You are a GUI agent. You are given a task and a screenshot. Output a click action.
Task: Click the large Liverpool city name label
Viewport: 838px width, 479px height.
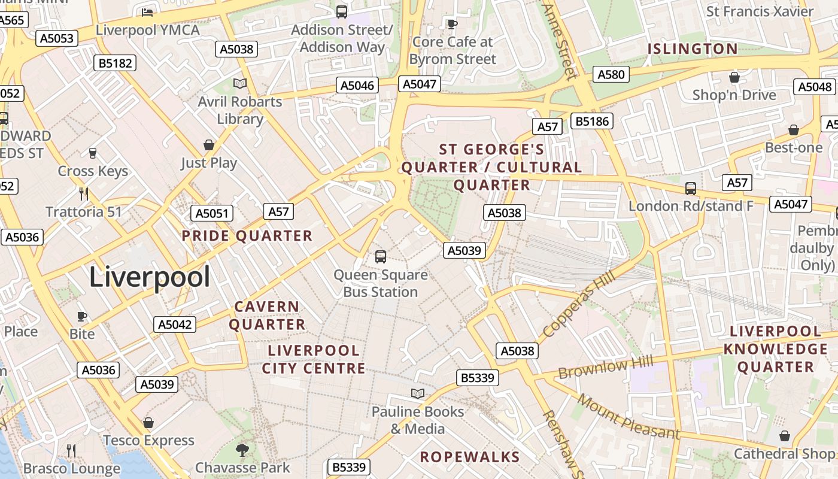point(150,277)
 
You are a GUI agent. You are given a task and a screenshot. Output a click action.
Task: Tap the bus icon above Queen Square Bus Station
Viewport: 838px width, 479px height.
point(380,257)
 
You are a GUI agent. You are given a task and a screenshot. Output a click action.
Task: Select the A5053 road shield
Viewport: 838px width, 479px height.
point(57,39)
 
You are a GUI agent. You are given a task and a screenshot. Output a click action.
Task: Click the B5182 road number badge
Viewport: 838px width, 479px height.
point(115,63)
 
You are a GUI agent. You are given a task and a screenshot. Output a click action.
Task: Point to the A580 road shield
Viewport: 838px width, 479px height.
point(611,75)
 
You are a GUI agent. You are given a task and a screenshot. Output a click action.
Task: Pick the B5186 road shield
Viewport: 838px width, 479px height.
point(592,122)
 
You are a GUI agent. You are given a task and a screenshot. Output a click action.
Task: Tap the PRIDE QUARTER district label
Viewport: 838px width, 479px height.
point(247,236)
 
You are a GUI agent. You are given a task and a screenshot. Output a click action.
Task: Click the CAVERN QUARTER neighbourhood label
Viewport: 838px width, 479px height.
point(267,316)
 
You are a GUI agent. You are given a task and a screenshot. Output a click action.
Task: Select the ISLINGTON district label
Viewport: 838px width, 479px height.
point(693,49)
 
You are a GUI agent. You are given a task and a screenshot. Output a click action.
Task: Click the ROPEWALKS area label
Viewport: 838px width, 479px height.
point(470,457)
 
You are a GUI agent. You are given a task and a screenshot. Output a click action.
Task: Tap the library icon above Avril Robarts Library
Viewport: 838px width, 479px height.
point(240,83)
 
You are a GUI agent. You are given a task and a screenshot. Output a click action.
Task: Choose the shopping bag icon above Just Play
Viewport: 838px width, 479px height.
point(209,145)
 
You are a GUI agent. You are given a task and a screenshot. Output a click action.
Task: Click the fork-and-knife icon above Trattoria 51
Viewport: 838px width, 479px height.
point(84,193)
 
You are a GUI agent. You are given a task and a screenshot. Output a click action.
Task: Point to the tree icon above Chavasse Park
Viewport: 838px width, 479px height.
point(242,450)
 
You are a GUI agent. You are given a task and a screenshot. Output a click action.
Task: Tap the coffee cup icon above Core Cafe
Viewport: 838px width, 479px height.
point(453,24)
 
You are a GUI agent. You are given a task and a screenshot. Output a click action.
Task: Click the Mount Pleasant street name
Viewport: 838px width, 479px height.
point(628,417)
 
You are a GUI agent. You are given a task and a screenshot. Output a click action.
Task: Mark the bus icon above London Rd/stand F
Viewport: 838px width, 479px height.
point(690,189)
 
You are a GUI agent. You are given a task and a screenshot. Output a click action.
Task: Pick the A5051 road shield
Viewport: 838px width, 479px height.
point(211,214)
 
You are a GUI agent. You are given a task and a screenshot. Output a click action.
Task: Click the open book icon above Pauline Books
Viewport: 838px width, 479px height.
point(418,393)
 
